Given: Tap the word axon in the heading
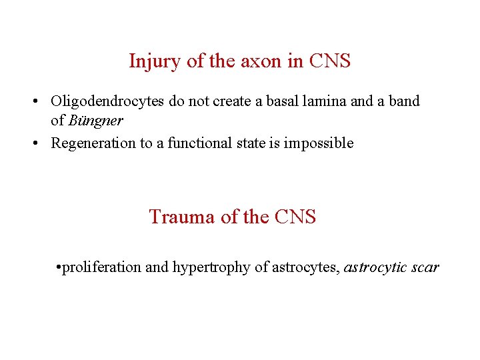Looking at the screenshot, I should tap(258, 61).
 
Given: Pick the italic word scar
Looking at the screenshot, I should tap(425, 267).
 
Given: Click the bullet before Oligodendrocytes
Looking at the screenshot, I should tap(33, 102).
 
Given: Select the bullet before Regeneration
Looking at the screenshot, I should tap(33, 143).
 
